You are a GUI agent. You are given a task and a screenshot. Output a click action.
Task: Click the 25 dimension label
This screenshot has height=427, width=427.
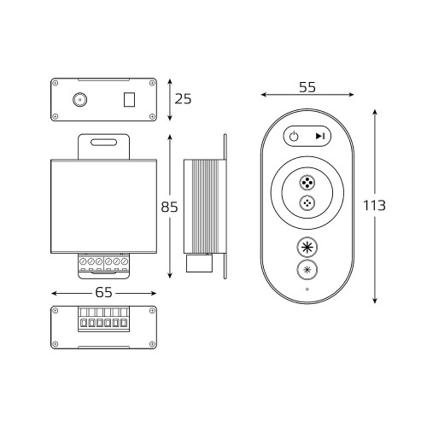[x=183, y=99]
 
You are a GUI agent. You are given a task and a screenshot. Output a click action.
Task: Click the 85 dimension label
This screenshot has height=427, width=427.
[x=169, y=207]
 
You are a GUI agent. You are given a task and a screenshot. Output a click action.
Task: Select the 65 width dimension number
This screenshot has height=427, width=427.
[x=103, y=292]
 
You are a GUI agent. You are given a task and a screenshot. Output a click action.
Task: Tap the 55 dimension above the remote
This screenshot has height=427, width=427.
[x=307, y=87]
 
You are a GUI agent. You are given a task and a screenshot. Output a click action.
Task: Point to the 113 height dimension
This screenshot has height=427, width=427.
[x=374, y=205]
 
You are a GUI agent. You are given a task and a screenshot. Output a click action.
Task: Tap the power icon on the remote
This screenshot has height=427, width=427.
[x=294, y=137]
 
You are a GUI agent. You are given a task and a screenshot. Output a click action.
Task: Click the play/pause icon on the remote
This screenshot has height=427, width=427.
[x=320, y=137]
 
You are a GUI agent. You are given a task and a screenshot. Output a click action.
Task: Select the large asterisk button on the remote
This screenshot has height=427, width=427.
[x=307, y=247]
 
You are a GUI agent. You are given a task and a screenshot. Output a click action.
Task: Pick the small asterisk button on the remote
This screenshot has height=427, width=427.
[x=307, y=270]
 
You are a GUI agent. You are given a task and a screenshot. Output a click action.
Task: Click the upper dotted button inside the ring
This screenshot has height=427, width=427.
[x=307, y=182]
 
